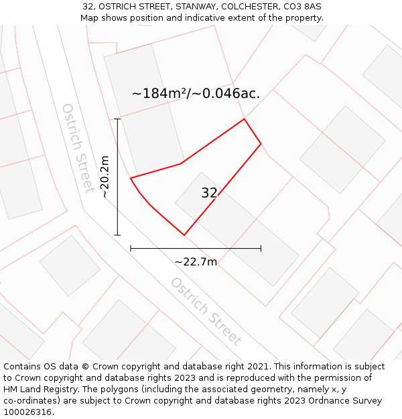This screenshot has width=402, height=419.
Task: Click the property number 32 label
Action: click(209, 193)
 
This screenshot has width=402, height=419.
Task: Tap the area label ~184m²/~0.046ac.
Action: click(196, 94)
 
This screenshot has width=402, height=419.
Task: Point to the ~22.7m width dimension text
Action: click(196, 261)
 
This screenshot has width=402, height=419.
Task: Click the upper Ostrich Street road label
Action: click(78, 147)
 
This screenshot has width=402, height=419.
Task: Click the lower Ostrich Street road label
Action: click(206, 311)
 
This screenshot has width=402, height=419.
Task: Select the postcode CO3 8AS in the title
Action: click(302, 6)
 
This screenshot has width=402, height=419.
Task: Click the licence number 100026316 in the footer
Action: click(27, 412)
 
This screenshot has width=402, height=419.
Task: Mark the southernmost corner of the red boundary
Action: click(184, 235)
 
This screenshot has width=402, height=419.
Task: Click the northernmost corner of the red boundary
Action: click(244, 119)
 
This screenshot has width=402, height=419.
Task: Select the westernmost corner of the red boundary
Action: click(131, 178)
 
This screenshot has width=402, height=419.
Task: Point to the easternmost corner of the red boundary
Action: click(261, 143)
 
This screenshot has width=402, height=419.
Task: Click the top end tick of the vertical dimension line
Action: click(118, 119)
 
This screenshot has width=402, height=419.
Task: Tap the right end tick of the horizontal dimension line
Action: click(261, 248)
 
